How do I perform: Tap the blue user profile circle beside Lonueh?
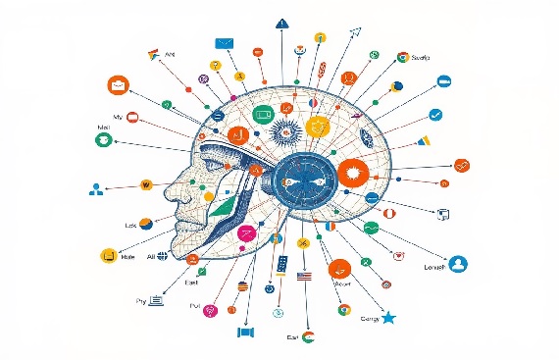coord(458,263)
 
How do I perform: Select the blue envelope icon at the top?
coord(226,43)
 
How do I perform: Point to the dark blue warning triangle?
coord(281,22)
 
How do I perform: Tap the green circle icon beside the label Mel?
coord(101,141)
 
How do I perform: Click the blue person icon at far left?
coord(96,188)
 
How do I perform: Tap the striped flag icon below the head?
coord(303,277)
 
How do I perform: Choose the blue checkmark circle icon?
coord(436,115)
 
